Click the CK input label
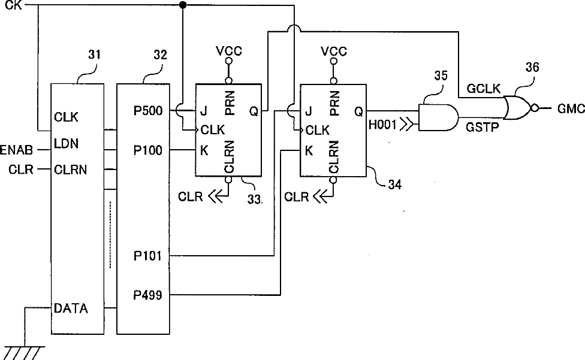(x=13, y=5)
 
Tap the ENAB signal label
(x=16, y=150)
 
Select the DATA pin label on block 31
(x=71, y=308)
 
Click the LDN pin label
(x=66, y=144)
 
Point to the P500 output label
(x=148, y=111)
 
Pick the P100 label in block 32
(x=148, y=150)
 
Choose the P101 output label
(x=147, y=256)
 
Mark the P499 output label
(x=147, y=295)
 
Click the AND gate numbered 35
(x=438, y=117)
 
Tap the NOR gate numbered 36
(x=518, y=108)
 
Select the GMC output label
(x=571, y=109)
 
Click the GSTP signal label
(x=482, y=128)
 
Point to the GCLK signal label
(x=484, y=89)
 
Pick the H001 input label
(x=382, y=125)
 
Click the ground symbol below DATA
(x=23, y=353)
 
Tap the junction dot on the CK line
(x=183, y=5)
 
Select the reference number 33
(x=255, y=199)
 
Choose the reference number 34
(x=395, y=184)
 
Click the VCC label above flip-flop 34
(x=334, y=51)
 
